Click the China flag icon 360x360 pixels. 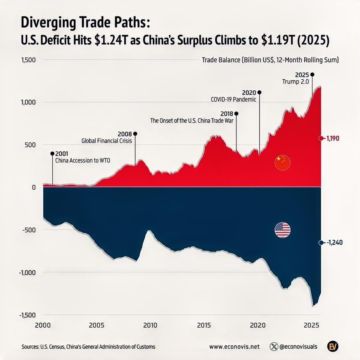282,162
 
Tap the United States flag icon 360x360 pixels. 282,230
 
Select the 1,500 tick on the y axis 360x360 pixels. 28,60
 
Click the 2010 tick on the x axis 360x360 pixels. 150,325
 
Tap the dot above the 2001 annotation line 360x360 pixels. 52,154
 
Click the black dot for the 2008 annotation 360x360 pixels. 135,134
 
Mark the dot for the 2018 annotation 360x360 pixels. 236,114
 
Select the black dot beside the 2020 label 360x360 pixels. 260,92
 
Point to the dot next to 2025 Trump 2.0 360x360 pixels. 312,74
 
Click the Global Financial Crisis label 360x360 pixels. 106,141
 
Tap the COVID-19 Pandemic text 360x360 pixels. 234,100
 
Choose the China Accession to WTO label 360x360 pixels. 82,161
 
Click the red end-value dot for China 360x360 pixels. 321,138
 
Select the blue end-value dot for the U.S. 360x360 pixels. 321,243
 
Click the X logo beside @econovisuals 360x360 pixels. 274,347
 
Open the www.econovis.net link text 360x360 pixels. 234,347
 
